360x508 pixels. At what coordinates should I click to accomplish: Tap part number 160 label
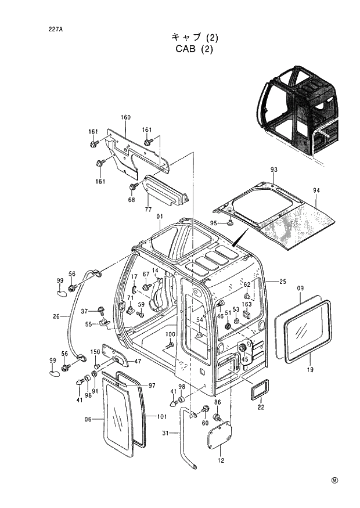(125, 118)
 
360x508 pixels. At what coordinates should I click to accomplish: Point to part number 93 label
(273, 170)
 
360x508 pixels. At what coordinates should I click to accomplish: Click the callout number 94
(316, 190)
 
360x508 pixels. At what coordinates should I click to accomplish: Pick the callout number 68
(132, 200)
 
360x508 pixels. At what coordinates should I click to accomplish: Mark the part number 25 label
(283, 282)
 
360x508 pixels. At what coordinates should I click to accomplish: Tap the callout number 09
(300, 289)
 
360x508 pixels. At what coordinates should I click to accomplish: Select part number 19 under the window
(310, 370)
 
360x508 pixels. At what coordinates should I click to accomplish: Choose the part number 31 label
(166, 433)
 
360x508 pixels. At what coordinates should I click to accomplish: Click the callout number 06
(89, 419)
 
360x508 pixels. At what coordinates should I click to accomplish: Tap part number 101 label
(162, 416)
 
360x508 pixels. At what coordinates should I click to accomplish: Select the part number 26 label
(56, 316)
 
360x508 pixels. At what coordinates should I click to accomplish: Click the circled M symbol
(335, 480)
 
